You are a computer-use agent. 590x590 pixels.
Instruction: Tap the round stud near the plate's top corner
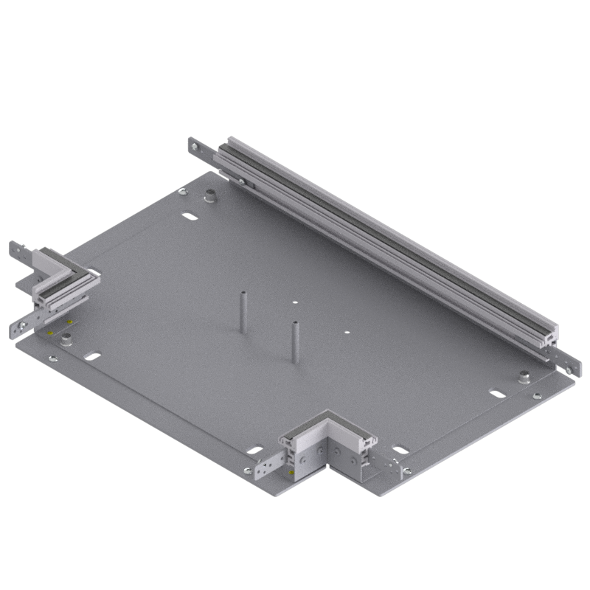tap(210, 197)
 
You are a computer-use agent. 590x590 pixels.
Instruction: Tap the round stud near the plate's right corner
tap(524, 377)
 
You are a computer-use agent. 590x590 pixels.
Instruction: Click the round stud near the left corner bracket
tap(67, 339)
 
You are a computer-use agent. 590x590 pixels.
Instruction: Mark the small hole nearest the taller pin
tap(293, 302)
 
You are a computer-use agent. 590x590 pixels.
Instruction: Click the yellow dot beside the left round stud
tap(49, 333)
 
